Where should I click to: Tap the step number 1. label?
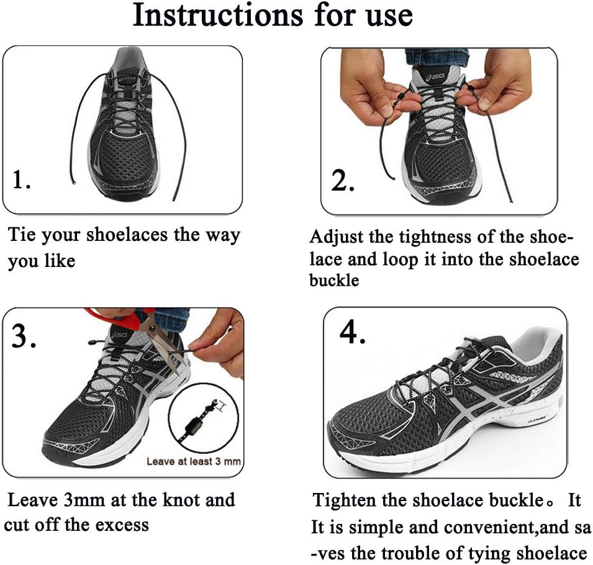click(22, 181)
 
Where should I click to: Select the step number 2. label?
click(342, 181)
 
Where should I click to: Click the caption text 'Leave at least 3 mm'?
click(193, 461)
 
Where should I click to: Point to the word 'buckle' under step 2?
click(334, 280)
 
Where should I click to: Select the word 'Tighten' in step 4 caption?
click(347, 500)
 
